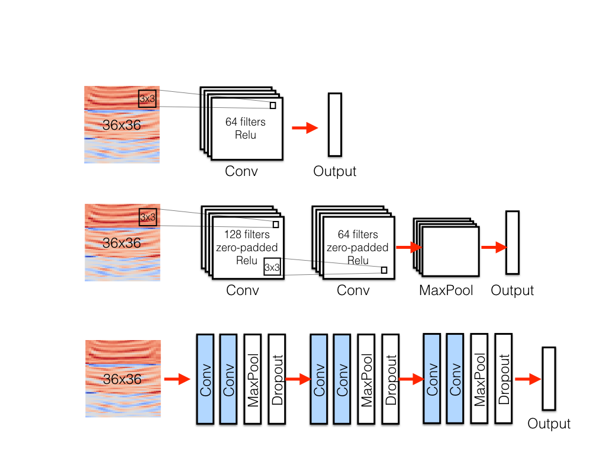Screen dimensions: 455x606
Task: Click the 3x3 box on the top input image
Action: click(147, 98)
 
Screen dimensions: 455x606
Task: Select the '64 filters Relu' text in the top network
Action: click(245, 129)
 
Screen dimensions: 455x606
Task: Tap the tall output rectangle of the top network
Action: click(335, 124)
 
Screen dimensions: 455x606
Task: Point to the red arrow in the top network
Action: click(305, 128)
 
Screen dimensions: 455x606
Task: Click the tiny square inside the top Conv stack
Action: click(273, 105)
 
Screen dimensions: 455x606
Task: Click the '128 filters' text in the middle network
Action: click(247, 235)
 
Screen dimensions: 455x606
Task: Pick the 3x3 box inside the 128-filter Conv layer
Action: click(272, 267)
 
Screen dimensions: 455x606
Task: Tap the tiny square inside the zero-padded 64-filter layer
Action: click(384, 270)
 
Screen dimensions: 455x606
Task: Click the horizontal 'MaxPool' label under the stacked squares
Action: click(446, 290)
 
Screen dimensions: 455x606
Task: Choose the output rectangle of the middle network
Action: click(512, 242)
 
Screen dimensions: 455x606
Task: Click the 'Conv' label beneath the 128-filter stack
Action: click(243, 290)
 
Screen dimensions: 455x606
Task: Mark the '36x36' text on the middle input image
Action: click(122, 243)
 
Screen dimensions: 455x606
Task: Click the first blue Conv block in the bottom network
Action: click(205, 379)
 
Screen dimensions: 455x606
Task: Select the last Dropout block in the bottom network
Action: click(503, 379)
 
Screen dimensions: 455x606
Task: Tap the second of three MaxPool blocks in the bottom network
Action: click(366, 379)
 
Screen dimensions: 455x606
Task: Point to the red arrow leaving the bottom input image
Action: click(175, 379)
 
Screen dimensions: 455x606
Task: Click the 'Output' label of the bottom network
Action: click(549, 424)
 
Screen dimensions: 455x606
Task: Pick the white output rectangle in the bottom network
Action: click(549, 379)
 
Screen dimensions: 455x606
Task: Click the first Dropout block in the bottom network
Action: click(276, 379)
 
